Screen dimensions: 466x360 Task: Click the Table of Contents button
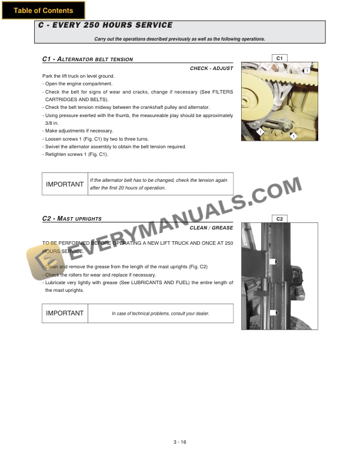coord(43,10)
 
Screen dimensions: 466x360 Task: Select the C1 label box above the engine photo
coord(279,58)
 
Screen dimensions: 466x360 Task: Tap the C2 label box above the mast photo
coord(279,219)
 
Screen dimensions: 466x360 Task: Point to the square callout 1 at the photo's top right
coord(306,71)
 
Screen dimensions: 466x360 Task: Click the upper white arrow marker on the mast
coord(273,262)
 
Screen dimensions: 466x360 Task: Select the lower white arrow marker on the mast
coord(273,313)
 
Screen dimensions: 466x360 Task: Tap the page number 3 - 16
coord(179,442)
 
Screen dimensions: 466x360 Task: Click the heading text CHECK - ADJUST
coord(211,68)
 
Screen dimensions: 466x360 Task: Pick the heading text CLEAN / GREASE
coord(211,228)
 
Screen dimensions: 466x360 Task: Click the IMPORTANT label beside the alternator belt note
coord(65,184)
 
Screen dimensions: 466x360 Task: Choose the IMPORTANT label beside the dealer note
coord(65,313)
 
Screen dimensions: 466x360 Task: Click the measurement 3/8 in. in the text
coord(51,124)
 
